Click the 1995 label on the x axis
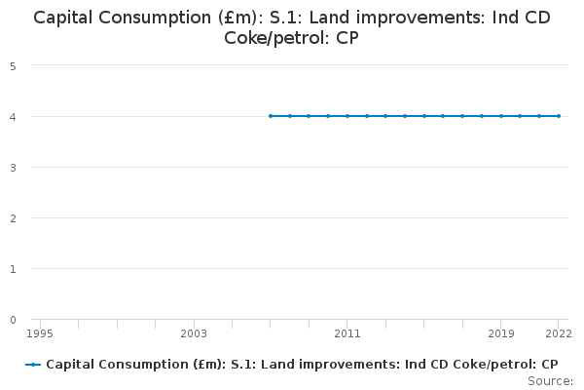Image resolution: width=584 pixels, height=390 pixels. coord(40,333)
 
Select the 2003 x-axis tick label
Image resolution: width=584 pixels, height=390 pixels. coord(194,333)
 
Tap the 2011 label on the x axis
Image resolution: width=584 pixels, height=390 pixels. coord(347,333)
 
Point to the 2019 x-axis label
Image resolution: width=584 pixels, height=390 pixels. coord(501,333)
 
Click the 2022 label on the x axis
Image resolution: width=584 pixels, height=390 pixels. coord(558,333)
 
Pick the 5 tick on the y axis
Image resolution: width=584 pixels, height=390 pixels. coord(12,66)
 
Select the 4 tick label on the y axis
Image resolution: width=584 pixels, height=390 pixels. coord(12,117)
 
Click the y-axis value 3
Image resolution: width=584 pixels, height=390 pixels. coord(12,168)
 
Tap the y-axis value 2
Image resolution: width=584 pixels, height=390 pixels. coord(12,218)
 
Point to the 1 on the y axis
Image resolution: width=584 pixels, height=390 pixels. coord(12,269)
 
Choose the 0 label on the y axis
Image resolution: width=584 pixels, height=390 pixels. coord(12,320)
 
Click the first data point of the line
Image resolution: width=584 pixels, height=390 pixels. coord(271,116)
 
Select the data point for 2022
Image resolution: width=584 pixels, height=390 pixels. coord(559,116)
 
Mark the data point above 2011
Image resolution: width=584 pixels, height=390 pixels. coord(347,116)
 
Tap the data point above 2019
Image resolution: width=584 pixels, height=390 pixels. coord(501,116)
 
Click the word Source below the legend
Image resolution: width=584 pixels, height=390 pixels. coord(549,381)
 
